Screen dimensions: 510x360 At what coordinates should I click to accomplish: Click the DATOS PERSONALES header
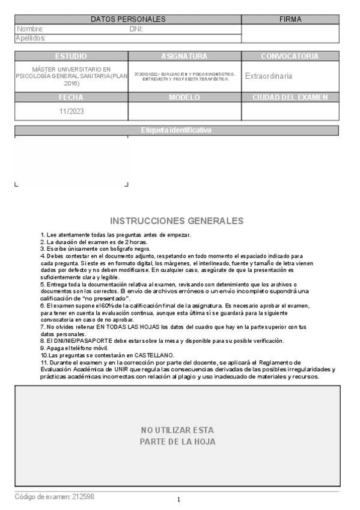pyautogui.click(x=128, y=19)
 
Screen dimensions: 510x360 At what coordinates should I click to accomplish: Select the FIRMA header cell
pyautogui.click(x=290, y=19)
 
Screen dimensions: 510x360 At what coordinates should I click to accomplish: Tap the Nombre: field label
pyautogui.click(x=30, y=29)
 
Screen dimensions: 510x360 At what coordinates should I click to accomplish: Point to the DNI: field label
pyautogui.click(x=136, y=29)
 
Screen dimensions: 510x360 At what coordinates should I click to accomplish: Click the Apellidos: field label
pyautogui.click(x=31, y=38)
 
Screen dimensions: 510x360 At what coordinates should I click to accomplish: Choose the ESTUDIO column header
pyautogui.click(x=71, y=56)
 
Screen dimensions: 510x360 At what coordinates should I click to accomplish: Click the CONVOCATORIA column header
pyautogui.click(x=290, y=56)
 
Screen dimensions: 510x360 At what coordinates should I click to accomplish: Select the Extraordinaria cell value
pyautogui.click(x=269, y=76)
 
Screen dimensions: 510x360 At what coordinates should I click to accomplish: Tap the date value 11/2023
pyautogui.click(x=71, y=111)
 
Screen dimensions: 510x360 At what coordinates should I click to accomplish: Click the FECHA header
pyautogui.click(x=71, y=97)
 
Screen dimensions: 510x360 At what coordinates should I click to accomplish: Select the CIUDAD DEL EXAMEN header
pyautogui.click(x=290, y=97)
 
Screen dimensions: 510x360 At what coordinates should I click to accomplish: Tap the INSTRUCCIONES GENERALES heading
pyautogui.click(x=177, y=221)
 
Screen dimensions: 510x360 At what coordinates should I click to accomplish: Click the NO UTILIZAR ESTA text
pyautogui.click(x=177, y=430)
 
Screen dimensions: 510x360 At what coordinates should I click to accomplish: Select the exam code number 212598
pyautogui.click(x=83, y=497)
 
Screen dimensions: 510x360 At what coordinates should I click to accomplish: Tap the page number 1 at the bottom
pyautogui.click(x=178, y=500)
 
